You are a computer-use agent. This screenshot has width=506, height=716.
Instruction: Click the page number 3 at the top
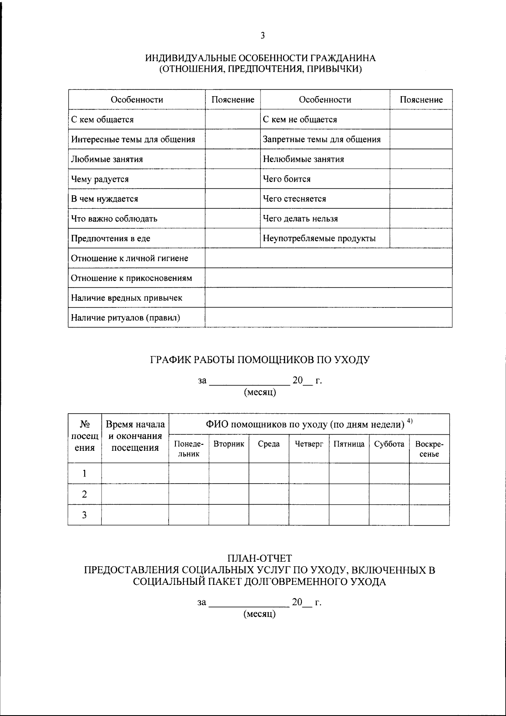coord(262,36)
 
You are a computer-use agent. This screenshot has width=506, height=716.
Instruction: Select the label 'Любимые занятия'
coord(107,159)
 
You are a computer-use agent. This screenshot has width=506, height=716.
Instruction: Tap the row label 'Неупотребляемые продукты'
coord(319,239)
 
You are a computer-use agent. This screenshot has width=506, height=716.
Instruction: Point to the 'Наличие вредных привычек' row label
coord(126,298)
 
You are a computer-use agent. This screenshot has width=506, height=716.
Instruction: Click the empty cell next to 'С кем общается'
coord(232,119)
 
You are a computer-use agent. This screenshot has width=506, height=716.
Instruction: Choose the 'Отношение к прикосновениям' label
coord(131,278)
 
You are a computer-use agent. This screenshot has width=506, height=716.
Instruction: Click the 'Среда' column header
coord(269,444)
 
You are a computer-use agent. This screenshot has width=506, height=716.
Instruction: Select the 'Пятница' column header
coord(349,444)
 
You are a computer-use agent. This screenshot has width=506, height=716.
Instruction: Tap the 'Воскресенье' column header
coord(429,449)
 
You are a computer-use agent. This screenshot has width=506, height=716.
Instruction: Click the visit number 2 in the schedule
coord(84,494)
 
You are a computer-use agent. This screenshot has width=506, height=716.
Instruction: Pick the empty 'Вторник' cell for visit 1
coord(229,474)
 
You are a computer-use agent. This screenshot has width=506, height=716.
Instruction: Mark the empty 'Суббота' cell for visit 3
coord(389,515)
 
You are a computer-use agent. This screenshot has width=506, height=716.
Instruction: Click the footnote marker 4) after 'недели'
coord(409,421)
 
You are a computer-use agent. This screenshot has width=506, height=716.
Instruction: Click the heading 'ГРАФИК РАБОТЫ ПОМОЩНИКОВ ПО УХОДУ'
coord(260,360)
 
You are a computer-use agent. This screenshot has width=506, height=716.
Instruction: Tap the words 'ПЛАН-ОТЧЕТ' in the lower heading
coord(260,558)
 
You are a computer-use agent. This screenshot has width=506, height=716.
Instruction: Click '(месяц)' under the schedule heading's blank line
coord(260,393)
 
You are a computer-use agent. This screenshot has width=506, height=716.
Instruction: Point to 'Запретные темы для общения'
coord(322,140)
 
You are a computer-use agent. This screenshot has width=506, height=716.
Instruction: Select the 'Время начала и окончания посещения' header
coord(135,436)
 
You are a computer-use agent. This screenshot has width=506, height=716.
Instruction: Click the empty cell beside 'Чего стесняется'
coord(420,199)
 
